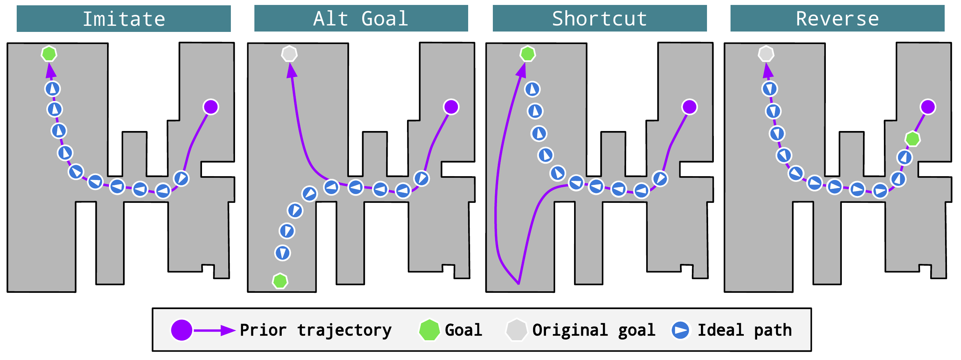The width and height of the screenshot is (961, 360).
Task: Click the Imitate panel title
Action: [124, 19]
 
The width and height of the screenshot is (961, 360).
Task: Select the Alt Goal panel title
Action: [361, 19]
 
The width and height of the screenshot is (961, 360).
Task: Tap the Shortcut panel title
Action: [600, 19]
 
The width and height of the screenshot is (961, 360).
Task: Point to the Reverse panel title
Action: [837, 19]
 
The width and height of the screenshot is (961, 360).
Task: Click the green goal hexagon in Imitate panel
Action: [49, 54]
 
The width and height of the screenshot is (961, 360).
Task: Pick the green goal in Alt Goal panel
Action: [280, 281]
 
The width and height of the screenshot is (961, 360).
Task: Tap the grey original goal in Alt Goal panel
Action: [289, 54]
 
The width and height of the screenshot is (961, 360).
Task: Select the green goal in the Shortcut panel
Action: [528, 54]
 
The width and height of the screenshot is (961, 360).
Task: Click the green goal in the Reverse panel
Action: [912, 139]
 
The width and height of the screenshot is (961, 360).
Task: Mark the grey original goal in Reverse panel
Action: [766, 54]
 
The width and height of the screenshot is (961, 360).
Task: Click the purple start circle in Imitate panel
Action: [211, 107]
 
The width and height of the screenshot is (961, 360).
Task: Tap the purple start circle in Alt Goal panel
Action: [451, 107]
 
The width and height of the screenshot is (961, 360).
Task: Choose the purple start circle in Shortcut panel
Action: [690, 107]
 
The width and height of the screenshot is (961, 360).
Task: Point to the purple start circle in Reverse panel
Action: [928, 107]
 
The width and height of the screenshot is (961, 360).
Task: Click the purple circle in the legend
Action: [181, 330]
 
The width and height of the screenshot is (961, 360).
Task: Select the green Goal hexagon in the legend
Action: [429, 330]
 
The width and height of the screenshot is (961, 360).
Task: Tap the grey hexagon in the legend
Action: [516, 330]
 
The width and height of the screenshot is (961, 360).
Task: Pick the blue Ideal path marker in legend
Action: [680, 330]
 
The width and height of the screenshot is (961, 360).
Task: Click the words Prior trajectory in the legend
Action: [316, 330]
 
